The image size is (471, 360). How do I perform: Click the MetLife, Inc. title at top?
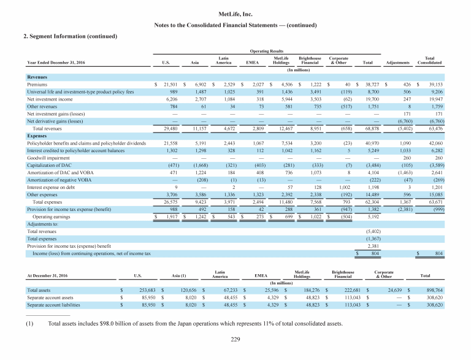235,13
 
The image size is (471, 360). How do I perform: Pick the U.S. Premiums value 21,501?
169,83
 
